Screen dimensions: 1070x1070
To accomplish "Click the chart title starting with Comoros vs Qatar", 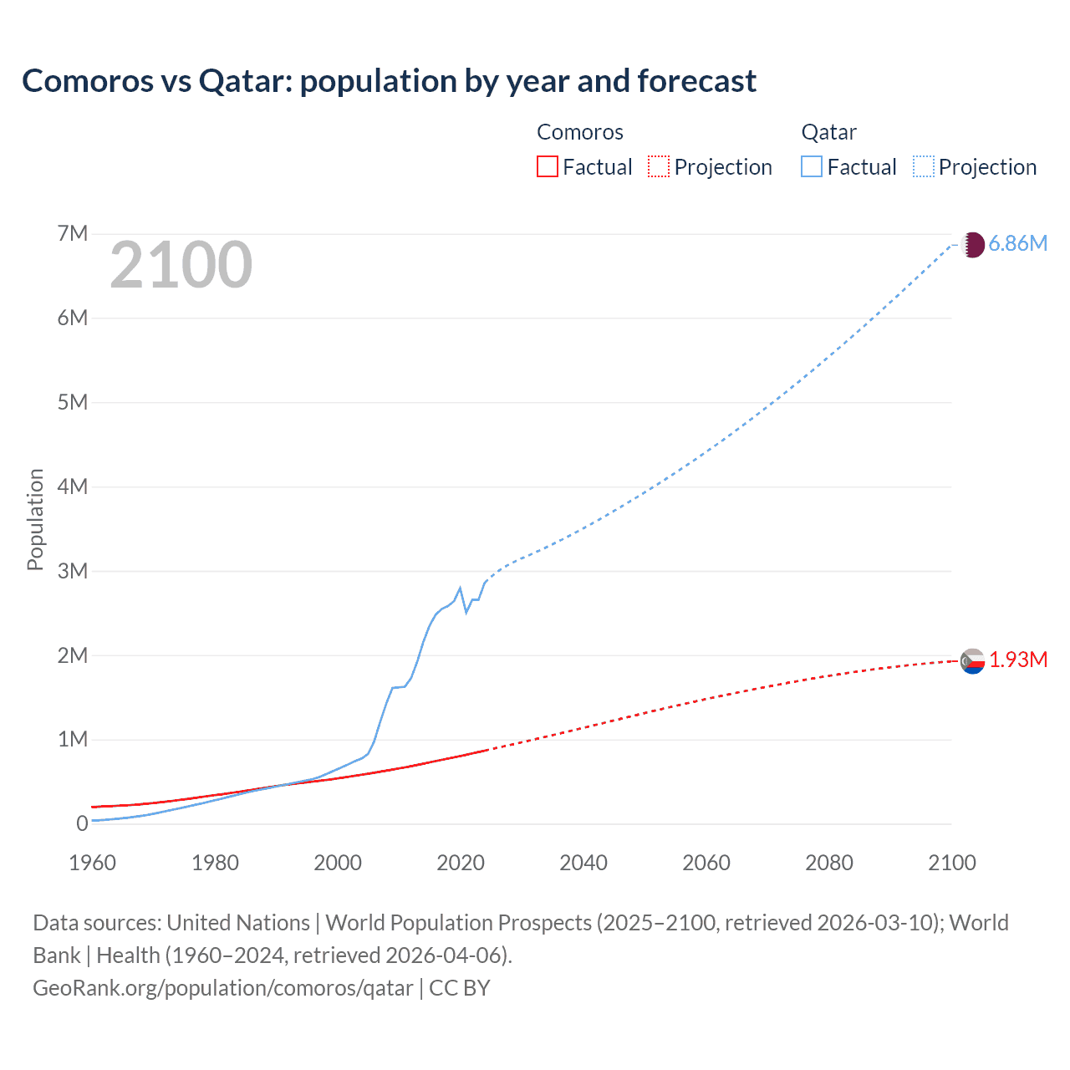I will tap(389, 81).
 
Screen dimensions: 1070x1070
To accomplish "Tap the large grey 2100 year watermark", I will tap(181, 265).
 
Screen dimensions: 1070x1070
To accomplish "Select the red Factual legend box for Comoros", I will tap(547, 166).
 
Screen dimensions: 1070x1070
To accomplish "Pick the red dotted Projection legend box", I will tap(659, 166).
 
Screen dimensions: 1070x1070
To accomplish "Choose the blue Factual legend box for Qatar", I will tap(812, 166).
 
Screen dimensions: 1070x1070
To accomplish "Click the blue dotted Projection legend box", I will tap(924, 166).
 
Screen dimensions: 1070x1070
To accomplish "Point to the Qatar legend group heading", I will tap(828, 132).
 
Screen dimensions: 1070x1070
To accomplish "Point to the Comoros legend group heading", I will tap(579, 132).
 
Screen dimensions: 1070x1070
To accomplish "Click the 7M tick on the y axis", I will tap(73, 233).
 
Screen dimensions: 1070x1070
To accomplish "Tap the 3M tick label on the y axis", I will tap(73, 571).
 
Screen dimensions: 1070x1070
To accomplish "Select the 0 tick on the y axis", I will tap(82, 823).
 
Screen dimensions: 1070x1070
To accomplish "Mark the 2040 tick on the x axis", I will tap(583, 863).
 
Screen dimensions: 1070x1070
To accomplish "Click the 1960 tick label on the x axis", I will tap(93, 863).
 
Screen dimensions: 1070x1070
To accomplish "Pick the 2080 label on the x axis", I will tap(829, 863).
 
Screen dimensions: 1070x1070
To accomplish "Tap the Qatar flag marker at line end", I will tap(972, 245).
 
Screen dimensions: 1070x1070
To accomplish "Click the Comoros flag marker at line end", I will tap(972, 661).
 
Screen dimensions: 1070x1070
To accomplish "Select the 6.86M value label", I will tap(1017, 243).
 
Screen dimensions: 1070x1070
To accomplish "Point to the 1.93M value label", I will tap(1018, 660).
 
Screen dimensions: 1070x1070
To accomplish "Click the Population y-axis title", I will tap(35, 519).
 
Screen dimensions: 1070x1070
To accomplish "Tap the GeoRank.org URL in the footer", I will tap(222, 988).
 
